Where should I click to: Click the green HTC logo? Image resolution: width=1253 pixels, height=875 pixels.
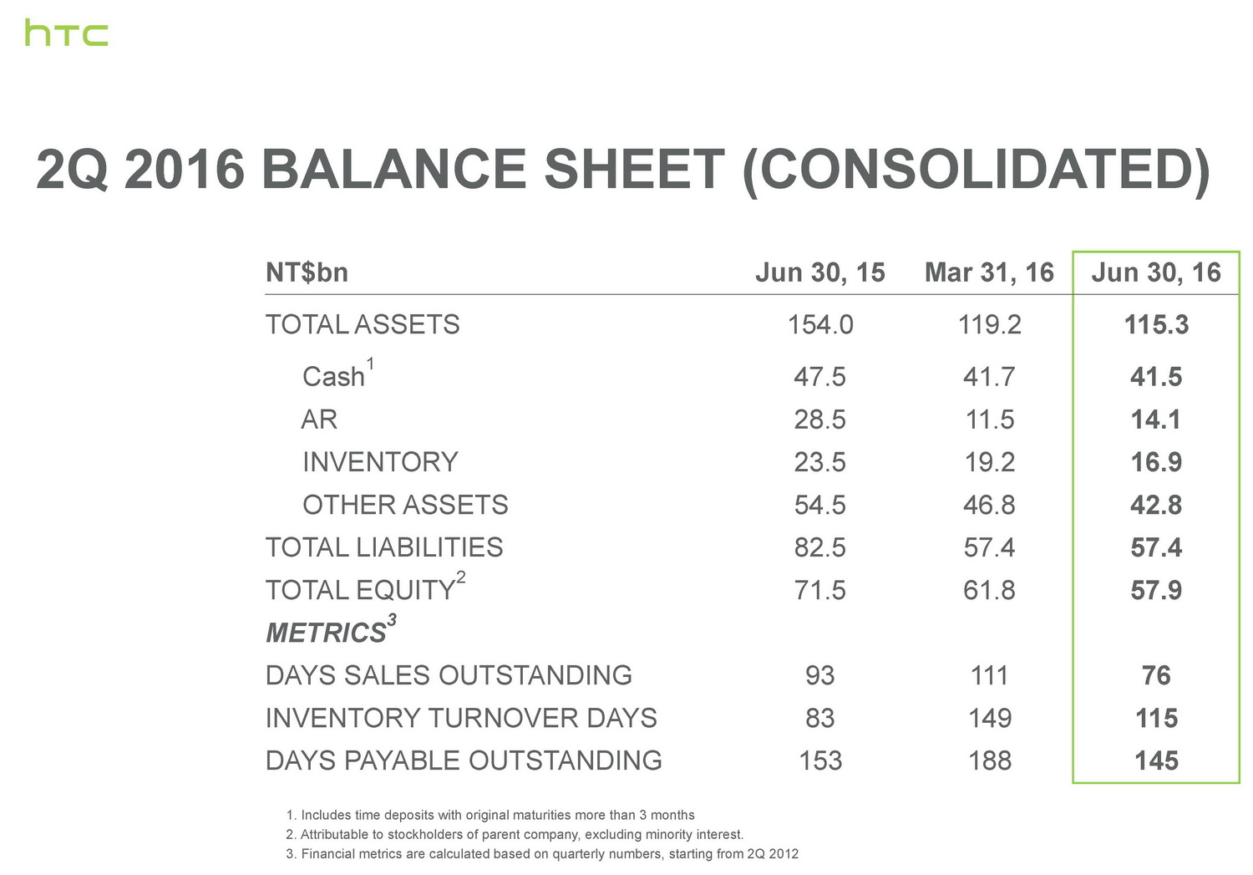[67, 33]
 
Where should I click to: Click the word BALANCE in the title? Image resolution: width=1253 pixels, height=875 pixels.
[393, 169]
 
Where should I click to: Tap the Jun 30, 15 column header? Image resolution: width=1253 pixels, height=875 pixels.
[820, 273]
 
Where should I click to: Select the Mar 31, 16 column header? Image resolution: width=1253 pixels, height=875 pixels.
[989, 273]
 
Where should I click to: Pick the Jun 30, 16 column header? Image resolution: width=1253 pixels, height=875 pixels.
[1156, 273]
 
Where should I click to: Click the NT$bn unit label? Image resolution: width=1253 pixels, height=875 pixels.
[307, 273]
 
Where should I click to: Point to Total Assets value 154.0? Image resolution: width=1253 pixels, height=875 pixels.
[820, 324]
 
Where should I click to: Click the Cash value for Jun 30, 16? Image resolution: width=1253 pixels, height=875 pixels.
[1156, 377]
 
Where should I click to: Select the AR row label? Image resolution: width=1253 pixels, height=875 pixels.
[319, 419]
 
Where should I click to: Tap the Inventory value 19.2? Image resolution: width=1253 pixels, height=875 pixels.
[989, 462]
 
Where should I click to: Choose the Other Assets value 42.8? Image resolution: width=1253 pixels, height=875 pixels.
[1156, 505]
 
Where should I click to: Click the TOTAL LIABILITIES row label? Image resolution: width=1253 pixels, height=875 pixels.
[384, 547]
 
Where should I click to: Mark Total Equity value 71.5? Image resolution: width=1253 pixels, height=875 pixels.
[820, 590]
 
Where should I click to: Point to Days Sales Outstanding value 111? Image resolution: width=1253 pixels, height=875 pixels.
[989, 675]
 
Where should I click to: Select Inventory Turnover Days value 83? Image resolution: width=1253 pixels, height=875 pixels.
[820, 718]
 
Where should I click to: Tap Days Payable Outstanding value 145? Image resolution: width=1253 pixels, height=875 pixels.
[1156, 761]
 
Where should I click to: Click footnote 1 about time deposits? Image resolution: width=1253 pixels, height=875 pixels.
[490, 815]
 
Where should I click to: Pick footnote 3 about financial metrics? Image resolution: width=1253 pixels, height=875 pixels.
[542, 854]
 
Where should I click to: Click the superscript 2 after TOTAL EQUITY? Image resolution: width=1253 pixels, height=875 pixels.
[460, 577]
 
